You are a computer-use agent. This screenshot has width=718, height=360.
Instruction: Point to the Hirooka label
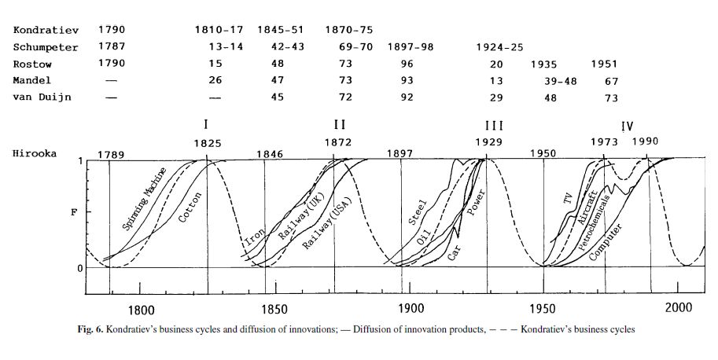coord(35,153)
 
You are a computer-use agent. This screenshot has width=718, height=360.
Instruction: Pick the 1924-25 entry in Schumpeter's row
coord(499,47)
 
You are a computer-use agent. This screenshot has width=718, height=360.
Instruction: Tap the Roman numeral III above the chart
coord(494,125)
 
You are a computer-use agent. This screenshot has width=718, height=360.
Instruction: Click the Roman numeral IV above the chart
coord(627,125)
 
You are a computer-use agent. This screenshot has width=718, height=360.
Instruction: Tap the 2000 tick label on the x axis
coord(678,308)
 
